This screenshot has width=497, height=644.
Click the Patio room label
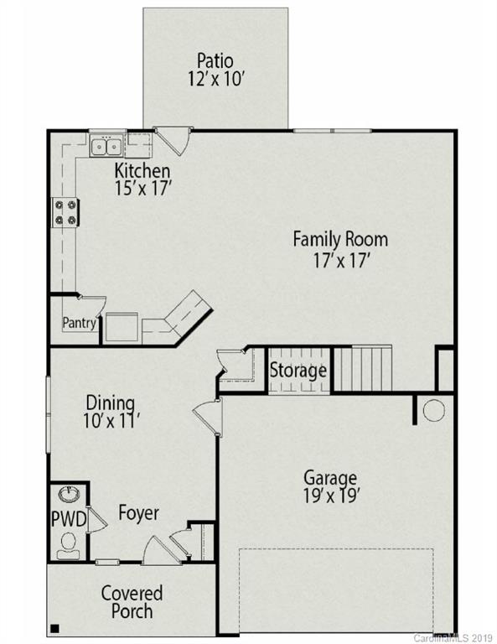pyautogui.click(x=215, y=60)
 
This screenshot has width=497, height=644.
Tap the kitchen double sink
pyautogui.click(x=107, y=148)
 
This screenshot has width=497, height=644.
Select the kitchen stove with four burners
pyautogui.click(x=65, y=211)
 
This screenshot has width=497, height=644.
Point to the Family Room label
pyautogui.click(x=339, y=239)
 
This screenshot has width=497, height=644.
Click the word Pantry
pyautogui.click(x=80, y=322)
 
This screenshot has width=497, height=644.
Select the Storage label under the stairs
pyautogui.click(x=298, y=370)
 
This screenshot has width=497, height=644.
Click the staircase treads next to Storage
pyautogui.click(x=363, y=369)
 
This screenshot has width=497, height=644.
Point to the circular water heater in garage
pyautogui.click(x=433, y=411)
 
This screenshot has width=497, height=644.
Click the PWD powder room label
pyautogui.click(x=69, y=520)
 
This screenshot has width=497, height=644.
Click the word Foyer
pyautogui.click(x=138, y=512)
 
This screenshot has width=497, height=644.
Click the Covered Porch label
pyautogui.click(x=132, y=602)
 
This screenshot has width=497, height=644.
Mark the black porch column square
pyautogui.click(x=55, y=627)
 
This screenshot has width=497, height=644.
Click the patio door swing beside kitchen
pyautogui.click(x=173, y=140)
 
